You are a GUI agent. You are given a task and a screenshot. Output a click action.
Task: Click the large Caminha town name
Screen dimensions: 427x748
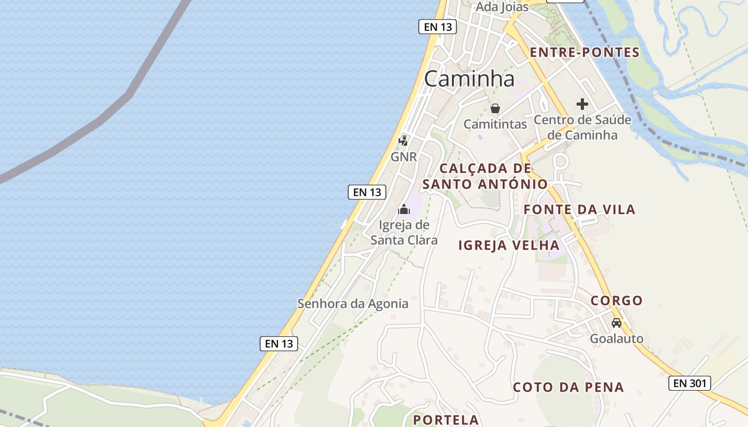(x=470, y=79)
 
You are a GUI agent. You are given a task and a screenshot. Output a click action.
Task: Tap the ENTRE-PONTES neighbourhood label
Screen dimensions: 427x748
(x=585, y=52)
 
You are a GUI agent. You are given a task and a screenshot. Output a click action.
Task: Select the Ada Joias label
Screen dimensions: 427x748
(x=502, y=7)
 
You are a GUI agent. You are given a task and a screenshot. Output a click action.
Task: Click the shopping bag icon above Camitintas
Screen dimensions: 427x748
(x=495, y=109)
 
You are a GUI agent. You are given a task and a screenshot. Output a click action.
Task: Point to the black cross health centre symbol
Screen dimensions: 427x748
(x=582, y=104)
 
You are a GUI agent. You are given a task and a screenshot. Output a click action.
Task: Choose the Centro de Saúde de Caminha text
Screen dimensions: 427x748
(x=582, y=127)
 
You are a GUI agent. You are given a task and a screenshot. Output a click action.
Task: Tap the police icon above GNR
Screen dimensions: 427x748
(x=404, y=141)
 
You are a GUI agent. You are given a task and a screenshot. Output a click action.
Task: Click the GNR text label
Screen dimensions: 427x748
(x=404, y=156)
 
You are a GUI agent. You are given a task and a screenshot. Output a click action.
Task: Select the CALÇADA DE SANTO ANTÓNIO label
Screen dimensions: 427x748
(x=485, y=176)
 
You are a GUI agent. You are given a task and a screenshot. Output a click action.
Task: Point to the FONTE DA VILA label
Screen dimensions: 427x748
(x=580, y=210)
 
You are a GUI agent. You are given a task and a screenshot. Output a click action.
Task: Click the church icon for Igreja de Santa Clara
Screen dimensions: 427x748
(x=404, y=209)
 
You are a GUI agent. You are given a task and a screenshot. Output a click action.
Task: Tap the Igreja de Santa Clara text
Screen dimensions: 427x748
(x=404, y=232)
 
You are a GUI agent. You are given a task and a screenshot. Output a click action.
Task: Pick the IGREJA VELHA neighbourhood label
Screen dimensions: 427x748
(x=509, y=246)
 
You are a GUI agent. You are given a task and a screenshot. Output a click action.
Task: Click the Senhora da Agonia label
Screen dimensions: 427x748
(x=353, y=304)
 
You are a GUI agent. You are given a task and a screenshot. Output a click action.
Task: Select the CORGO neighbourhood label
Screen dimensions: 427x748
(x=617, y=301)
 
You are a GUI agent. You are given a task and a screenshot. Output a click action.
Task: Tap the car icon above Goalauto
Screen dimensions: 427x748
(x=617, y=323)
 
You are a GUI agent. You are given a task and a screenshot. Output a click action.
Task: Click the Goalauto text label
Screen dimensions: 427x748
(x=617, y=338)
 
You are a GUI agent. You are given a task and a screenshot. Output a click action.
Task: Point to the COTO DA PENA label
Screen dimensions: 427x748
(x=568, y=388)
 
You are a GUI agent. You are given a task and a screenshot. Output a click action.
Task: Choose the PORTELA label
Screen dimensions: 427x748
(x=446, y=420)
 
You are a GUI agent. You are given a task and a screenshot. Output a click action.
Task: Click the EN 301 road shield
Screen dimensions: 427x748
(x=689, y=383)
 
